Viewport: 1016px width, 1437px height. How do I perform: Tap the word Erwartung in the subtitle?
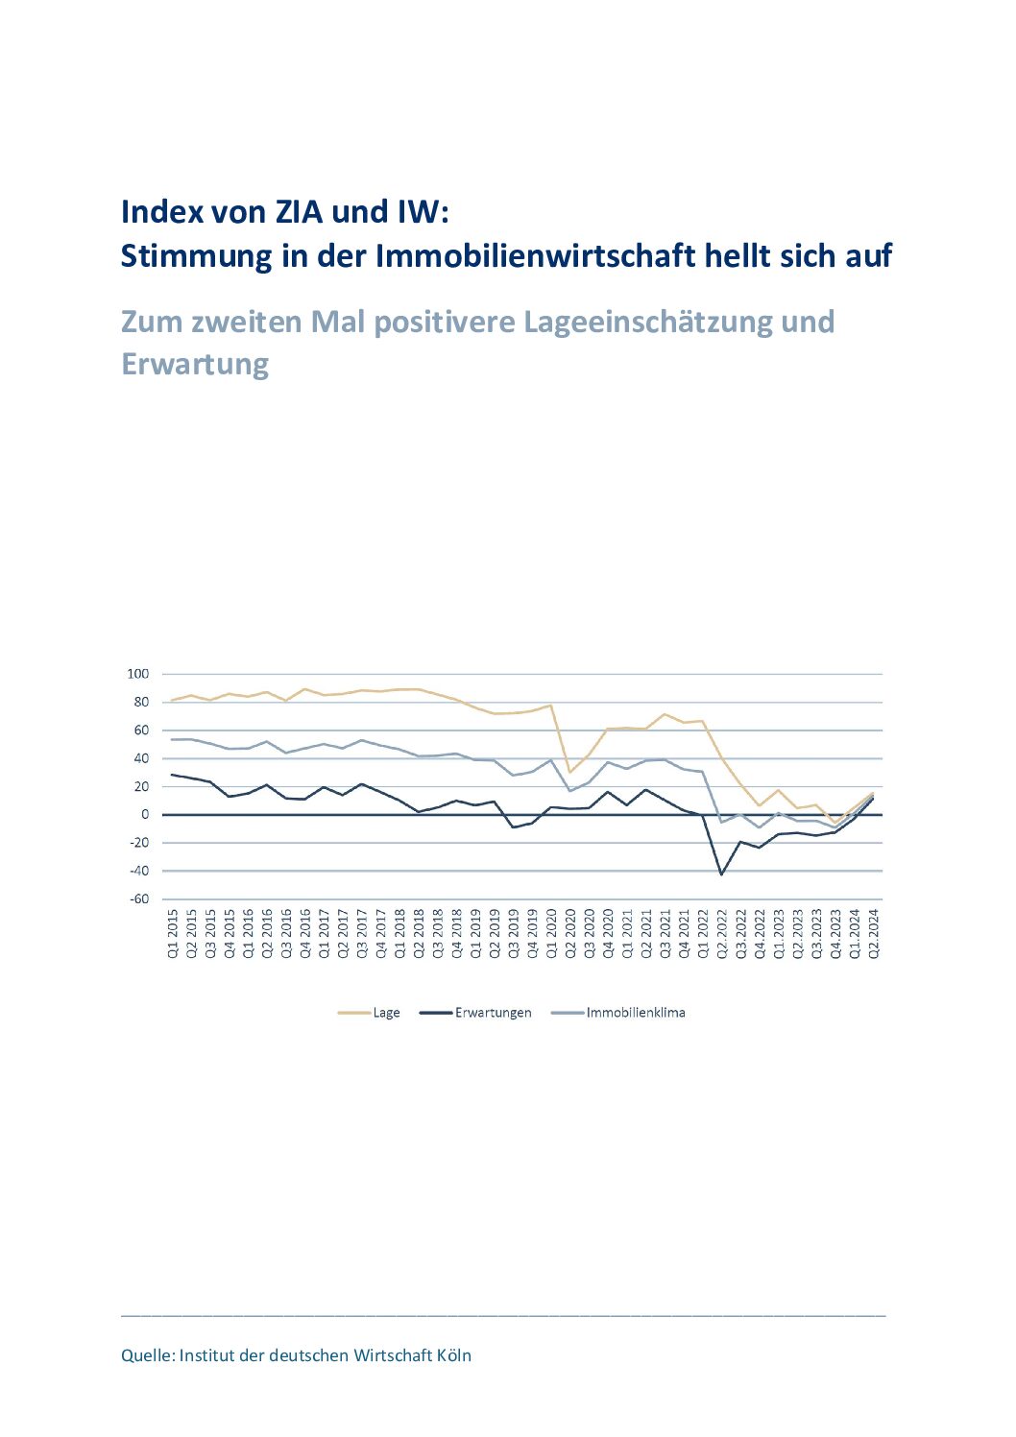195,365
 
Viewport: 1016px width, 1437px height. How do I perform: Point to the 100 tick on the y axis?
138,674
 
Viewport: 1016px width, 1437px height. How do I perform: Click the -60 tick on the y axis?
139,899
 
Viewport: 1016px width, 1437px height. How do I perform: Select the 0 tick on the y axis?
145,815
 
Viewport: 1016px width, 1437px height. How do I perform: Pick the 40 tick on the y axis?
142,758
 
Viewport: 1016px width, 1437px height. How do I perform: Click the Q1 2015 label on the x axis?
173,935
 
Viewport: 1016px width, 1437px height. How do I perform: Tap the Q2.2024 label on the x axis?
875,935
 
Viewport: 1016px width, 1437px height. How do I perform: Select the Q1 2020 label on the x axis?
552,935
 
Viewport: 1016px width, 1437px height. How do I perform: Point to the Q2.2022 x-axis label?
722,935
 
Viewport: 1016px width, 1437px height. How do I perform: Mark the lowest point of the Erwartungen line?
721,874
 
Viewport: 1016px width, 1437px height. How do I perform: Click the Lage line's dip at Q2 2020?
570,772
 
